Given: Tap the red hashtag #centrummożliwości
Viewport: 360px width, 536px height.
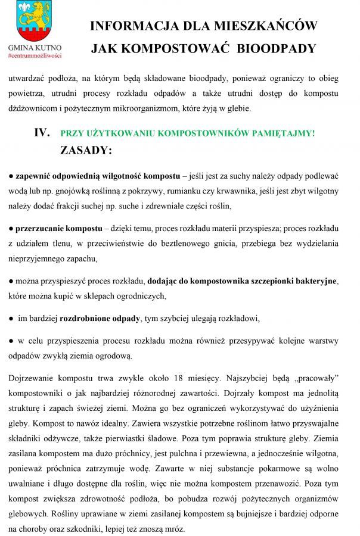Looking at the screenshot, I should pyautogui.click(x=35, y=55).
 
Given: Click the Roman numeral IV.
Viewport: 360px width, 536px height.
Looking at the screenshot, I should pyautogui.click(x=41, y=133).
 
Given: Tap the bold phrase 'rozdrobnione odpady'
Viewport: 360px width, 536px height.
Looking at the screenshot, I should pyautogui.click(x=100, y=319).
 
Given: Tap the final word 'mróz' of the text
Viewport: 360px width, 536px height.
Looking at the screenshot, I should pyautogui.click(x=175, y=528).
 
